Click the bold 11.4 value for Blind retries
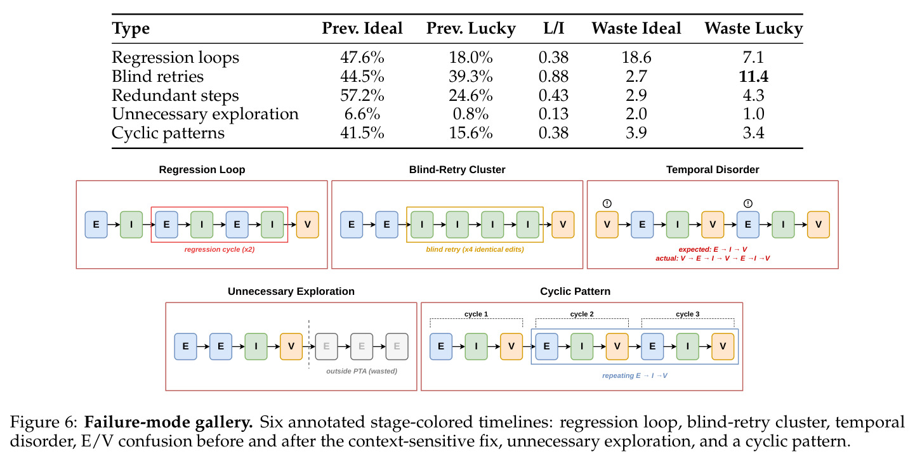[x=754, y=76]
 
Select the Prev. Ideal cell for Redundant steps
[x=362, y=95]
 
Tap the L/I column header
[x=553, y=28]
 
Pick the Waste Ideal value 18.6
[x=636, y=57]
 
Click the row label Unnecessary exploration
[x=205, y=114]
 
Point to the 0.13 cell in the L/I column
[x=553, y=114]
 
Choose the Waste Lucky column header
[x=754, y=29]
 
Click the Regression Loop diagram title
[x=202, y=169]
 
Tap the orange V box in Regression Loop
[x=308, y=224]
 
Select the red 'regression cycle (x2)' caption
[x=220, y=249]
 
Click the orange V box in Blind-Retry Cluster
[x=563, y=224]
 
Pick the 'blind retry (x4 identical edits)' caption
[x=475, y=249]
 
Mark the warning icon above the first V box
[x=607, y=204]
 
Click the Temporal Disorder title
[x=713, y=169]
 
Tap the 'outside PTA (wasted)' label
[x=362, y=371]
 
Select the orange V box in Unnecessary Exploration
[x=291, y=346]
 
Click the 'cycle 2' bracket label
[x=582, y=314]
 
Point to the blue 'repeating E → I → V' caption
[x=635, y=375]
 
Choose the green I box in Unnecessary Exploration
[x=256, y=346]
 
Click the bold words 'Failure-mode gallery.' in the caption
[x=168, y=422]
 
